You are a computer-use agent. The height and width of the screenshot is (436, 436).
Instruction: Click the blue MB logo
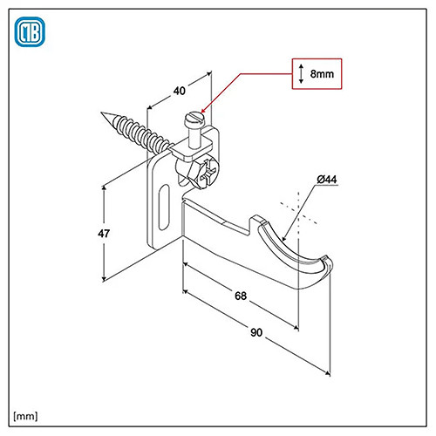point(30,32)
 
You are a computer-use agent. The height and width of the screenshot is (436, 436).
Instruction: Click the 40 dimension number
point(179,91)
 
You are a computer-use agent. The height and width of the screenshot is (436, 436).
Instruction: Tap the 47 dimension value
point(104,234)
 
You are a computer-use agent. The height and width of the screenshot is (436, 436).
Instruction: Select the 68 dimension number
point(241,296)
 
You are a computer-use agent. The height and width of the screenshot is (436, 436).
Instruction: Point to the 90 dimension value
point(256,332)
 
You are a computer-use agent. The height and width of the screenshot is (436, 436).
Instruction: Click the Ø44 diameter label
point(327,180)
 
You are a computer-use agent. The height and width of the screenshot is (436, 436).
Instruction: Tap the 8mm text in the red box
point(322,74)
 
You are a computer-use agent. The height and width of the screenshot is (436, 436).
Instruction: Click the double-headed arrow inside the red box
point(301,74)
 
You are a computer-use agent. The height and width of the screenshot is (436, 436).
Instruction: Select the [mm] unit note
point(25,416)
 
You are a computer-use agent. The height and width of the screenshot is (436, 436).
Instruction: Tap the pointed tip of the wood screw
point(102,112)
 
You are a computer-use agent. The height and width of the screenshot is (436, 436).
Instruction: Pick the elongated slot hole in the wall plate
point(164,207)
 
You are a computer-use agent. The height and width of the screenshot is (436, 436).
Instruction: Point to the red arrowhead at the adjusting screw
point(204,110)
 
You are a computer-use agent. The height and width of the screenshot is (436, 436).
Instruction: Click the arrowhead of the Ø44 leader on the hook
point(284,238)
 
